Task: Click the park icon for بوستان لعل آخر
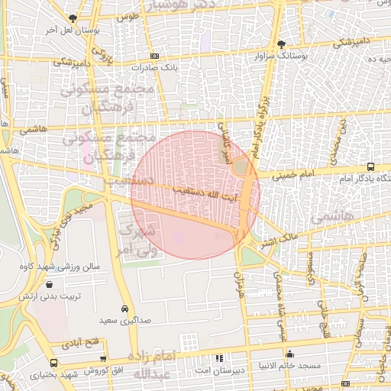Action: coord(73,18)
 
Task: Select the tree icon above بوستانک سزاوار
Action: coord(282,44)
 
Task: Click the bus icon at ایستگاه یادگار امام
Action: coord(370,166)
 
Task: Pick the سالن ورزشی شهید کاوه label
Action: coord(67,267)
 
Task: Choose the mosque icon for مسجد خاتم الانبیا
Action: coord(289,354)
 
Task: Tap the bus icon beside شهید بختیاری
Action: coord(53,363)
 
